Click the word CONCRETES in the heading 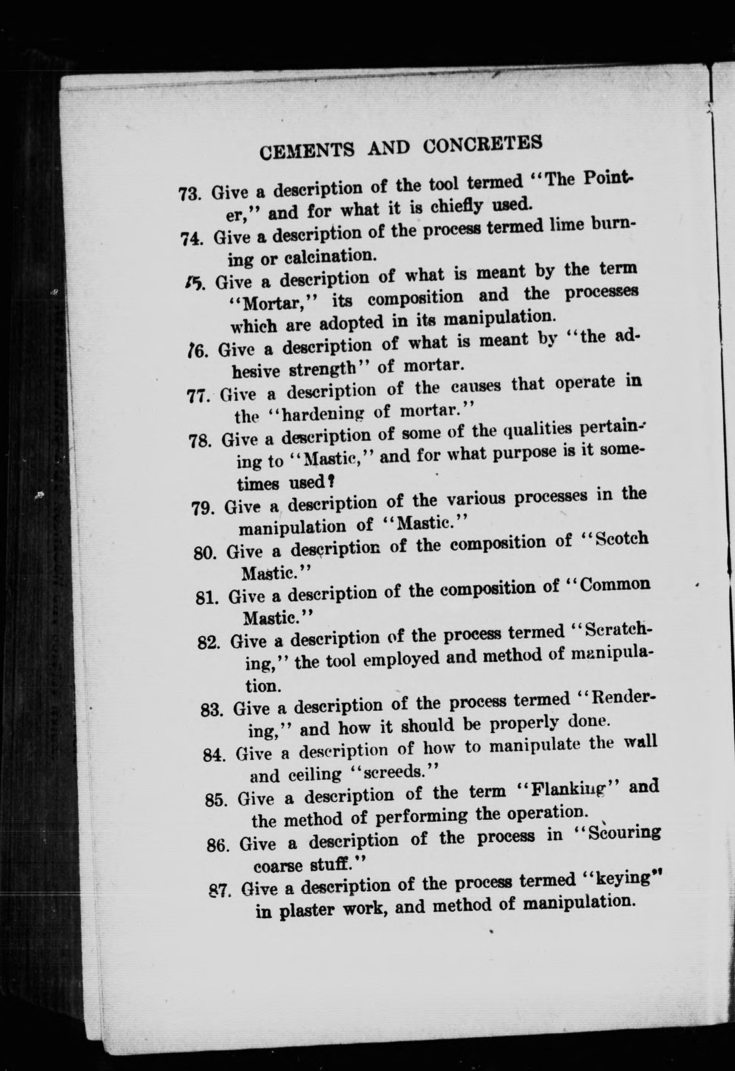point(482,143)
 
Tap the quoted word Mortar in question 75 point(271,303)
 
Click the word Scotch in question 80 point(622,539)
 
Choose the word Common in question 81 point(615,584)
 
